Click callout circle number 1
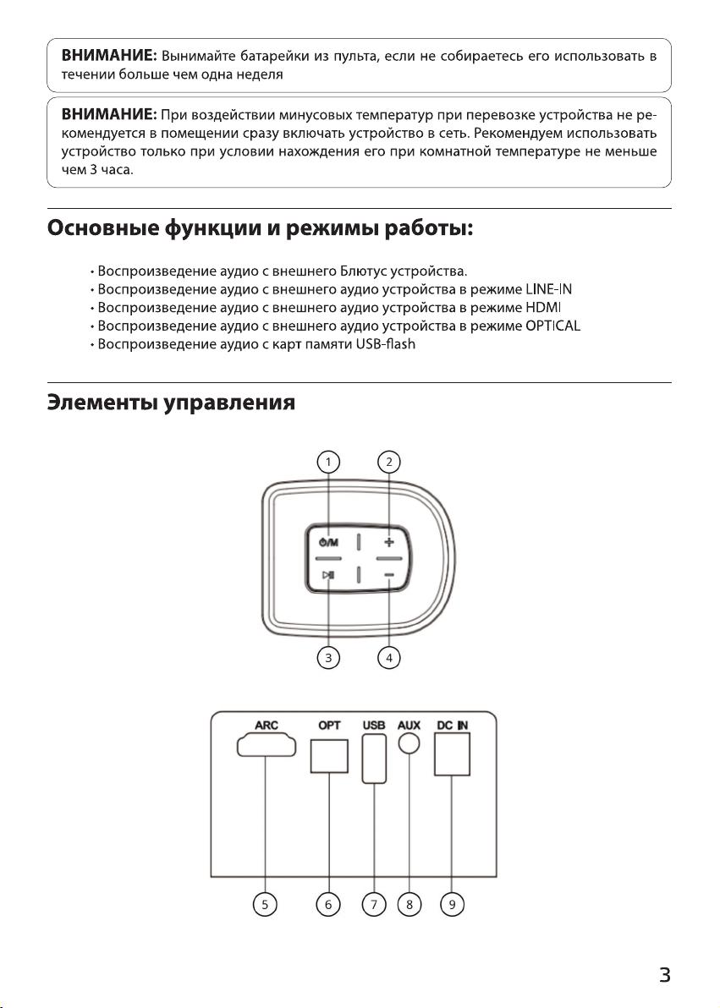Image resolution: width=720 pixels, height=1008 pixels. pos(329,462)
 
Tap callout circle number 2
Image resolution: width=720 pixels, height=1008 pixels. pos(388,462)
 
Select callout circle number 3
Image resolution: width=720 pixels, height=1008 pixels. pos(329,658)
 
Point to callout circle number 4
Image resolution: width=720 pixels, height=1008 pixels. pos(388,658)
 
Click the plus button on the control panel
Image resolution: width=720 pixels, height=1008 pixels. pos(388,542)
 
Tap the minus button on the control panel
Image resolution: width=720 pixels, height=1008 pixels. pos(389,576)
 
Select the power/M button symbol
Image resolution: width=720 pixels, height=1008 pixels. pos(328,543)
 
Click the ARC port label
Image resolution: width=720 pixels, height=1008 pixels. pos(267,726)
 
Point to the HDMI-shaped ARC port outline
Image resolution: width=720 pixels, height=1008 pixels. pos(267,746)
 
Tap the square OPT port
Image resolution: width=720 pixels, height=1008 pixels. pos(329,756)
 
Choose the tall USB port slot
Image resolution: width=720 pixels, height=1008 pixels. pos(374,759)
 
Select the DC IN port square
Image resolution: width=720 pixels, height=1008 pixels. pos(452,754)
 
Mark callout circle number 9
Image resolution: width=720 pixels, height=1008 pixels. pos(452,905)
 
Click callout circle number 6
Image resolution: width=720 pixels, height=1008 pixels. pos(328,905)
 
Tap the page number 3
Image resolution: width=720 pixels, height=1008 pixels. pos(665,974)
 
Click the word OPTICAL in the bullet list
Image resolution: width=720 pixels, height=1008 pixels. pos(552,326)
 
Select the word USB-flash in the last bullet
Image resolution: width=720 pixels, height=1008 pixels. pos(386,344)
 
